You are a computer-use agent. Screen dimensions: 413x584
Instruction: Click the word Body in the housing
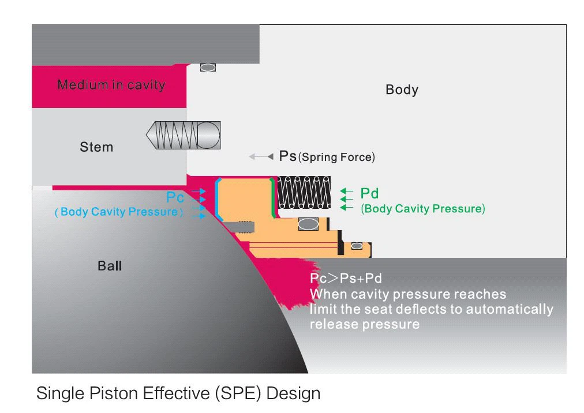[x=402, y=90]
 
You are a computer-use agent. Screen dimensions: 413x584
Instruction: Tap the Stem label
[x=96, y=147]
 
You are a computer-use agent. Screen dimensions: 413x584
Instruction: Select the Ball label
[x=110, y=266]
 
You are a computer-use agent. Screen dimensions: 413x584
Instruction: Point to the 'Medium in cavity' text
[x=111, y=85]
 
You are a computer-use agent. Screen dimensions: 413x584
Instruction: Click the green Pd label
[x=369, y=193]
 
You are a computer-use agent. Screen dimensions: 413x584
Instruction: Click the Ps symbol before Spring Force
[x=287, y=156]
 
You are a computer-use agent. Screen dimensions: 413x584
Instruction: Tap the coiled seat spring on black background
[x=304, y=193]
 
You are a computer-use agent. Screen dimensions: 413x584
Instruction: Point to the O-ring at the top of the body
[x=208, y=67]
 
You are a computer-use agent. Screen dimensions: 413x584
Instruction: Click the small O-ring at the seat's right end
[x=357, y=246]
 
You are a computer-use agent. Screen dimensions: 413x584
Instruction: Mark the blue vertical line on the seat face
[x=216, y=198]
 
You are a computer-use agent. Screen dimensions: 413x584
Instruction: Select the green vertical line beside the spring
[x=273, y=198]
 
